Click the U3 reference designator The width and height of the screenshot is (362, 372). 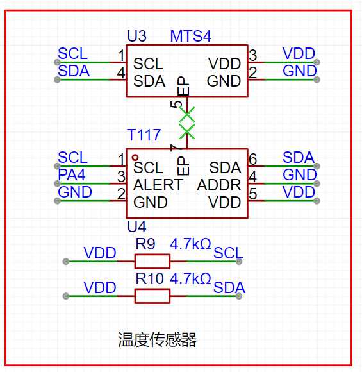tap(136, 36)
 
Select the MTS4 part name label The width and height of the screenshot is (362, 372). tap(190, 37)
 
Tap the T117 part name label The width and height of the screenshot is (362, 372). tap(144, 135)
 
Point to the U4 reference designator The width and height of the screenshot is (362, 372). tap(136, 226)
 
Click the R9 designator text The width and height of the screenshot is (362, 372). tap(145, 244)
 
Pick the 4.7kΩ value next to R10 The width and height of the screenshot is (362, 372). tap(190, 278)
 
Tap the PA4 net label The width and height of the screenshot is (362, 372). tap(72, 175)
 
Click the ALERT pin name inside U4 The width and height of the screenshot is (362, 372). tap(158, 185)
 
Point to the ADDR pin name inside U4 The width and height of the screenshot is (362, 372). tap(219, 185)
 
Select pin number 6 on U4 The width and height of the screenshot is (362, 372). tap(253, 159)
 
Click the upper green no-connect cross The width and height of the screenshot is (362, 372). tap(187, 114)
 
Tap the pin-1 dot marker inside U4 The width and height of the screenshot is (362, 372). tap(135, 158)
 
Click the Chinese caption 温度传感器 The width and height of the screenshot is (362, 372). tap(157, 340)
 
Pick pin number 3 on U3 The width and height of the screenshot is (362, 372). tap(253, 55)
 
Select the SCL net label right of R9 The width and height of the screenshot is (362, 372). tap(228, 253)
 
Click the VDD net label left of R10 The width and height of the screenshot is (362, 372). tap(100, 287)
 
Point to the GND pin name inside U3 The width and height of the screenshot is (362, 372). tap(224, 81)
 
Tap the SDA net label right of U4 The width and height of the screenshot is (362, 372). tap(299, 157)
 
